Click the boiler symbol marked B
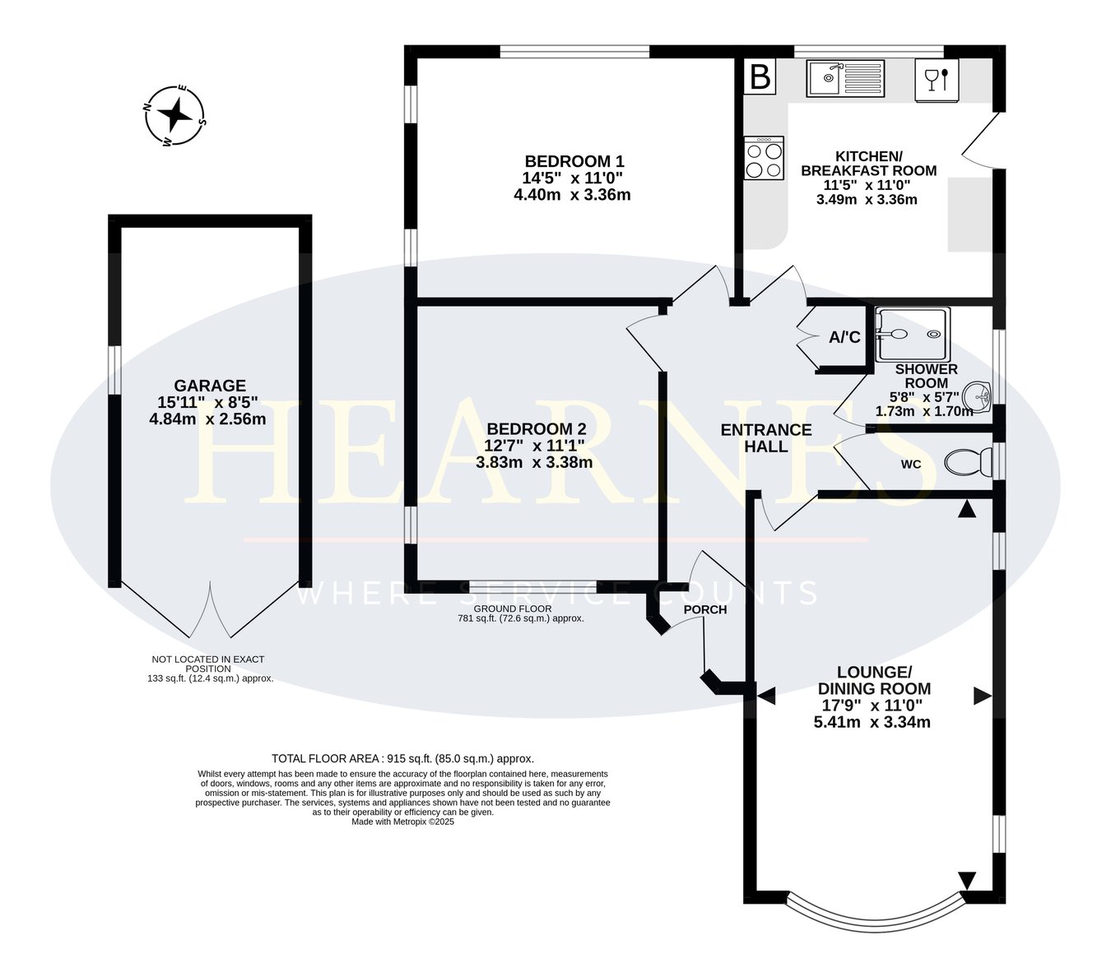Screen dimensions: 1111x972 [x=759, y=76]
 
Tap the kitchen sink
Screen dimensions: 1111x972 [x=845, y=79]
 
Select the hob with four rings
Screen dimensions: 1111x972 [x=764, y=158]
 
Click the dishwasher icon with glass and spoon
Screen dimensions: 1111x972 [x=937, y=81]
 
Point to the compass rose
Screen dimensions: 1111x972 [x=174, y=115]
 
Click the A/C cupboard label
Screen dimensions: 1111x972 [x=844, y=337]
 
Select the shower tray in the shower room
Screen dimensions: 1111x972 [x=913, y=335]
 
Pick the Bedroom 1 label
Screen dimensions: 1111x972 [x=574, y=161]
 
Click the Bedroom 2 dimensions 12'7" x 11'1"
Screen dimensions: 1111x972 [x=534, y=446]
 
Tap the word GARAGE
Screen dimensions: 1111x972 [x=210, y=386]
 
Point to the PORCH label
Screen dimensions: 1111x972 [x=704, y=609]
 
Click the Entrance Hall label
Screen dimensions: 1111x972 [x=766, y=437]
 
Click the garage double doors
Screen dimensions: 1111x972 [x=210, y=609]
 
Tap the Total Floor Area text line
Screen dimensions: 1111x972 [x=403, y=758]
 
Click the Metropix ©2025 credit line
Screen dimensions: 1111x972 [x=403, y=822]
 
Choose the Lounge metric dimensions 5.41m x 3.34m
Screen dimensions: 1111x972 [x=872, y=722]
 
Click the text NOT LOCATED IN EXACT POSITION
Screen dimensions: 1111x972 [x=208, y=664]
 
